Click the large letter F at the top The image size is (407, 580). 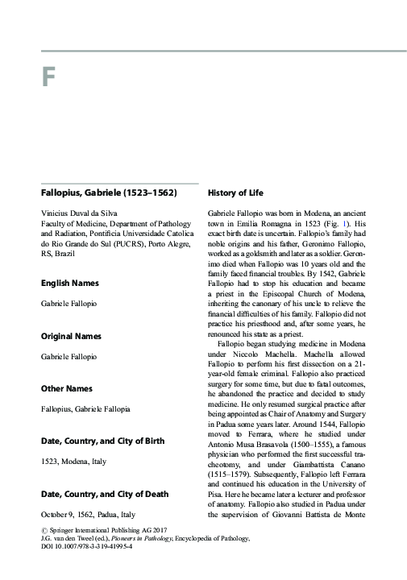click(x=48, y=81)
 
